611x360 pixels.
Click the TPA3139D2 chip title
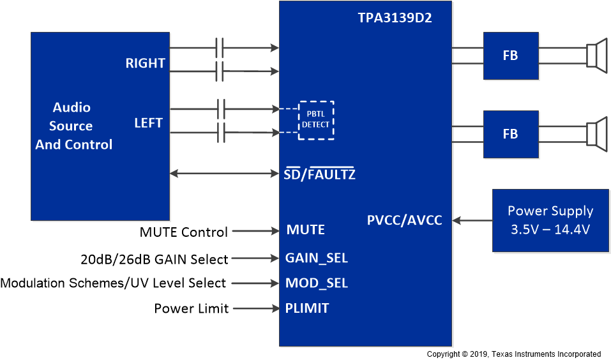coord(395,18)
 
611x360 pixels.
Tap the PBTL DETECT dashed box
coord(316,120)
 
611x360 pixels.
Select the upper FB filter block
coord(510,56)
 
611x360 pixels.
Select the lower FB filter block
coord(510,134)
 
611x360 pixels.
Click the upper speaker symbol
coord(596,56)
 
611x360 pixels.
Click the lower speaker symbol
coord(596,134)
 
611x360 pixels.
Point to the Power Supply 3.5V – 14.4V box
coord(550,220)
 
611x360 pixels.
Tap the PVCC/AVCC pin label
coord(404,220)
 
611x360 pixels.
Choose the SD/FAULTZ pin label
coord(319,174)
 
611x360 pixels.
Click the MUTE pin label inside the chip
coord(305,230)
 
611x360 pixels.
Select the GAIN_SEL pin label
coord(316,258)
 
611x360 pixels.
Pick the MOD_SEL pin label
coord(316,283)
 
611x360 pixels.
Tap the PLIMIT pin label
coord(307,308)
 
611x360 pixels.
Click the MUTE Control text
coord(184,232)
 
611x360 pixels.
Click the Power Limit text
coord(192,308)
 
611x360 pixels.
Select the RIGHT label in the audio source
coord(145,63)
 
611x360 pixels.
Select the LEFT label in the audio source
coord(148,123)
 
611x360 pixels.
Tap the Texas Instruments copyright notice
coord(513,354)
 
